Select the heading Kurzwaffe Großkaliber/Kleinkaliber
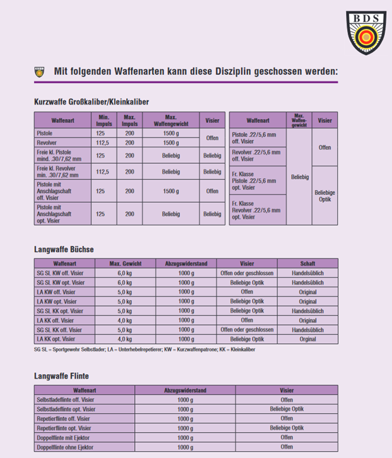pyautogui.click(x=91, y=101)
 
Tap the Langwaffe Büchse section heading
pyautogui.click(x=64, y=249)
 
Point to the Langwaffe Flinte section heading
pyautogui.click(x=61, y=376)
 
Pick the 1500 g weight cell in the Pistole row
pyautogui.click(x=170, y=134)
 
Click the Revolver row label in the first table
pyautogui.click(x=48, y=142)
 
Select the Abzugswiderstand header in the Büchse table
pyautogui.click(x=185, y=264)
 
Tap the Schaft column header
pyautogui.click(x=308, y=264)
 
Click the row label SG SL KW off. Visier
pyautogui.click(x=61, y=273)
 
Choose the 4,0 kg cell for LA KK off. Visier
pyautogui.click(x=125, y=320)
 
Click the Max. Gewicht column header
pyautogui.click(x=125, y=264)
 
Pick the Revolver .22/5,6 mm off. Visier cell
pyautogui.click(x=251, y=157)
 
